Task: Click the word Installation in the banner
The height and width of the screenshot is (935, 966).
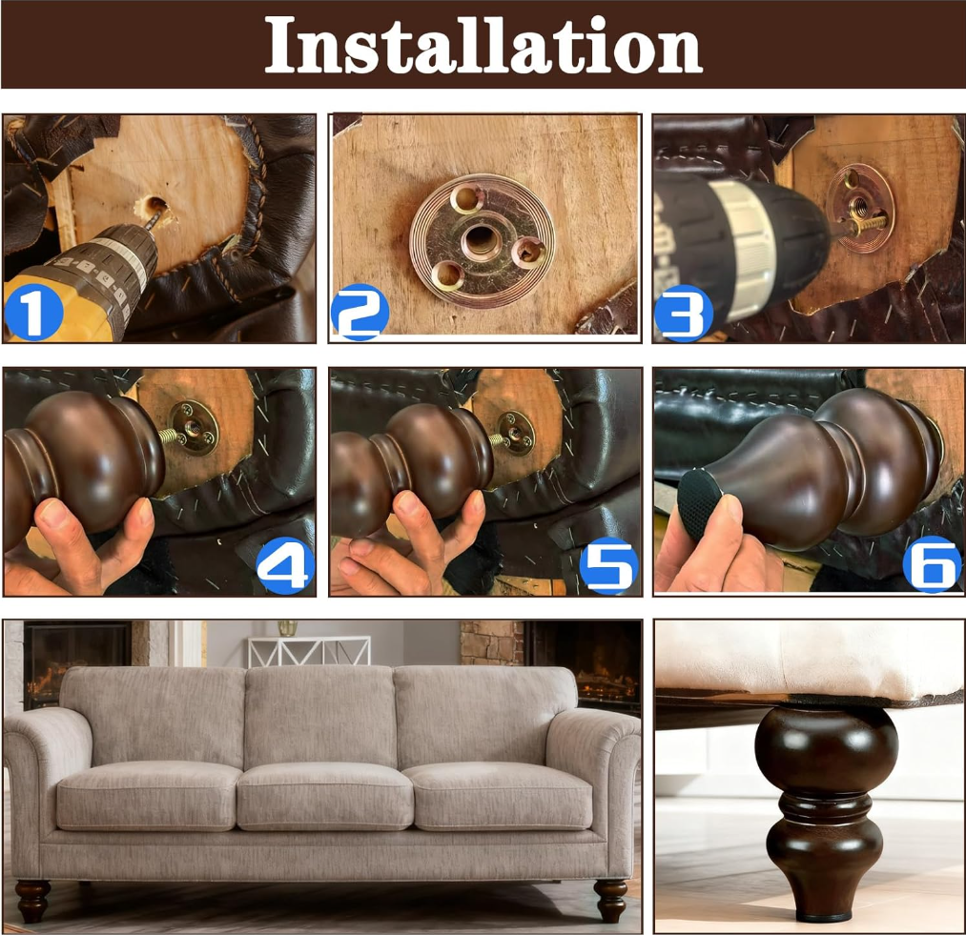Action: click(483, 45)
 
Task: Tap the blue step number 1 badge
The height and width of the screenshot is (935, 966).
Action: click(34, 312)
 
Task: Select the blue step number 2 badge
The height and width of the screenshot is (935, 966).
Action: click(360, 312)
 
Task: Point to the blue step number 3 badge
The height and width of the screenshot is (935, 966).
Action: click(683, 313)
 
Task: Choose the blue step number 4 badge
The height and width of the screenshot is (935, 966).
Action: click(284, 565)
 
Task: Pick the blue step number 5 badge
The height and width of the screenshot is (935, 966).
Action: click(609, 565)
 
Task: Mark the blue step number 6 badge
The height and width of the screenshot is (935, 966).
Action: click(932, 564)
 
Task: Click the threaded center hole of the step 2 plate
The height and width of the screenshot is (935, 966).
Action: click(481, 239)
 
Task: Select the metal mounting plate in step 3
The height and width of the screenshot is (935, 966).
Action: click(860, 208)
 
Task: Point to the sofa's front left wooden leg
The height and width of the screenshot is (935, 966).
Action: click(32, 901)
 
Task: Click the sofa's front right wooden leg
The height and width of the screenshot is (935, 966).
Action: click(610, 901)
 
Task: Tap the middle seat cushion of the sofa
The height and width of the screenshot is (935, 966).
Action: click(324, 796)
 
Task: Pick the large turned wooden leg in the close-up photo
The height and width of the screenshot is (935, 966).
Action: click(826, 813)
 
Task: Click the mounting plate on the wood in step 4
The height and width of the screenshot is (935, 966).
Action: click(193, 427)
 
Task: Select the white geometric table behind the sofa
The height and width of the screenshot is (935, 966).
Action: click(309, 651)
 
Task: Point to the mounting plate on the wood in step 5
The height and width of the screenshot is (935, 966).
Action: click(515, 433)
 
